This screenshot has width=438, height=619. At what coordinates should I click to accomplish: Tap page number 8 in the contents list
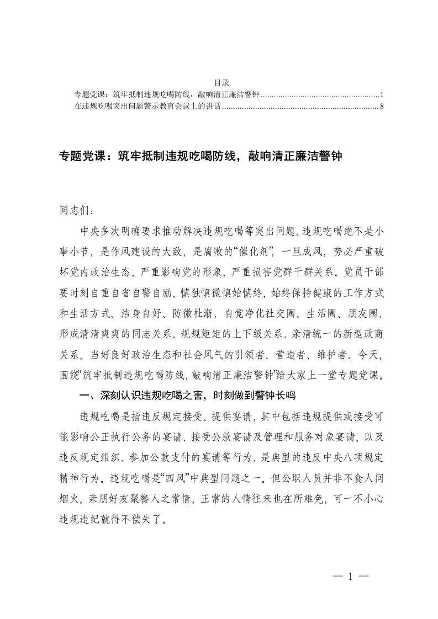click(x=382, y=105)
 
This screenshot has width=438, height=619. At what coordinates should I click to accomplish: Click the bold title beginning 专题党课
click(x=202, y=157)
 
